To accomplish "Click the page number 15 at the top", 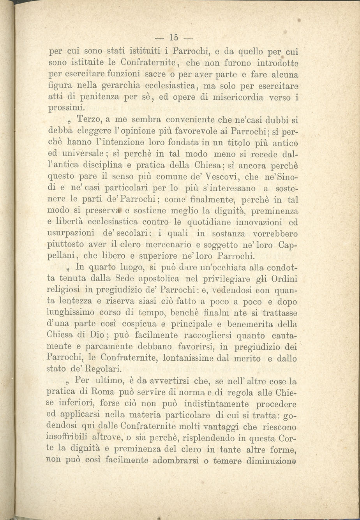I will [x=174, y=38].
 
